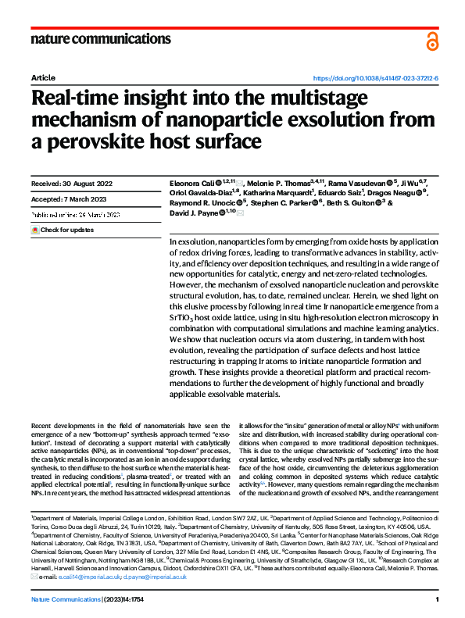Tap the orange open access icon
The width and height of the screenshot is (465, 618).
(432, 41)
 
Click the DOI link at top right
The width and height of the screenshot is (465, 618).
(375, 79)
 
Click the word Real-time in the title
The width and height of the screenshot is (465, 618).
(80, 100)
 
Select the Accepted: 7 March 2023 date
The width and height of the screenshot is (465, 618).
(69, 198)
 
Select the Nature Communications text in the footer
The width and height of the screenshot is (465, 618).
(63, 598)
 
